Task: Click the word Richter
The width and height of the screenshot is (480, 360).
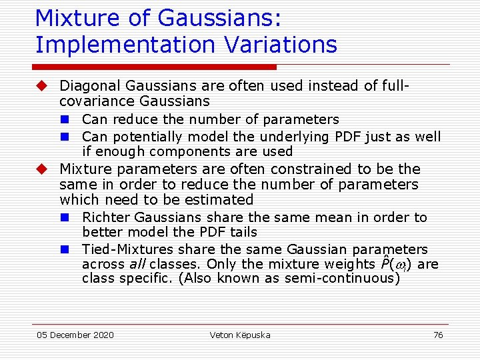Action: tap(106, 217)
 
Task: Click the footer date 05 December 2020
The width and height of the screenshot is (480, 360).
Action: tap(75, 335)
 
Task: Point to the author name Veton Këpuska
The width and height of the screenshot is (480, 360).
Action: tap(240, 335)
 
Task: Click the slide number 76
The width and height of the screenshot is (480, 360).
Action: tap(438, 335)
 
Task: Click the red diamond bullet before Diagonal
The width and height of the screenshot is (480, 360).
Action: tap(42, 86)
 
